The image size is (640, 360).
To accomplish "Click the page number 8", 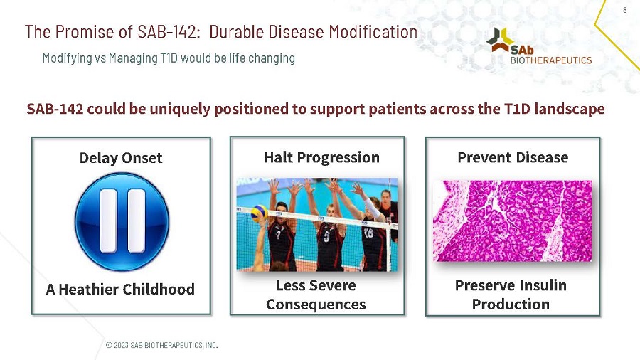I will pyautogui.click(x=624, y=10).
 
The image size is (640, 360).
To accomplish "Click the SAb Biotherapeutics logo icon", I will pyautogui.click(x=501, y=40).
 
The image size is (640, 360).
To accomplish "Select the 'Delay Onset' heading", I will pyautogui.click(x=121, y=158).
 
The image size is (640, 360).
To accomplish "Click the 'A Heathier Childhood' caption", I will pyautogui.click(x=120, y=289).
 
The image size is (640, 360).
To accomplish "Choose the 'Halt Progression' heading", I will pyautogui.click(x=321, y=157).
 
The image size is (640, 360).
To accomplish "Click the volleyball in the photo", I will pyautogui.click(x=260, y=212).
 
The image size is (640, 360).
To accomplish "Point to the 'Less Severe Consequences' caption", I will pyautogui.click(x=316, y=295).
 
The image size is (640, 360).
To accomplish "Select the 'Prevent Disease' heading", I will pyautogui.click(x=513, y=157).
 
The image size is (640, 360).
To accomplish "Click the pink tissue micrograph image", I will pyautogui.click(x=512, y=221).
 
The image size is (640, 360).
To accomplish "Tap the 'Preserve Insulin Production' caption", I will pyautogui.click(x=511, y=295).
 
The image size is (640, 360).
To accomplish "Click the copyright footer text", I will pyautogui.click(x=161, y=345).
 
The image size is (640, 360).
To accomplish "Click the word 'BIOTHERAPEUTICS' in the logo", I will pyautogui.click(x=551, y=60).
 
